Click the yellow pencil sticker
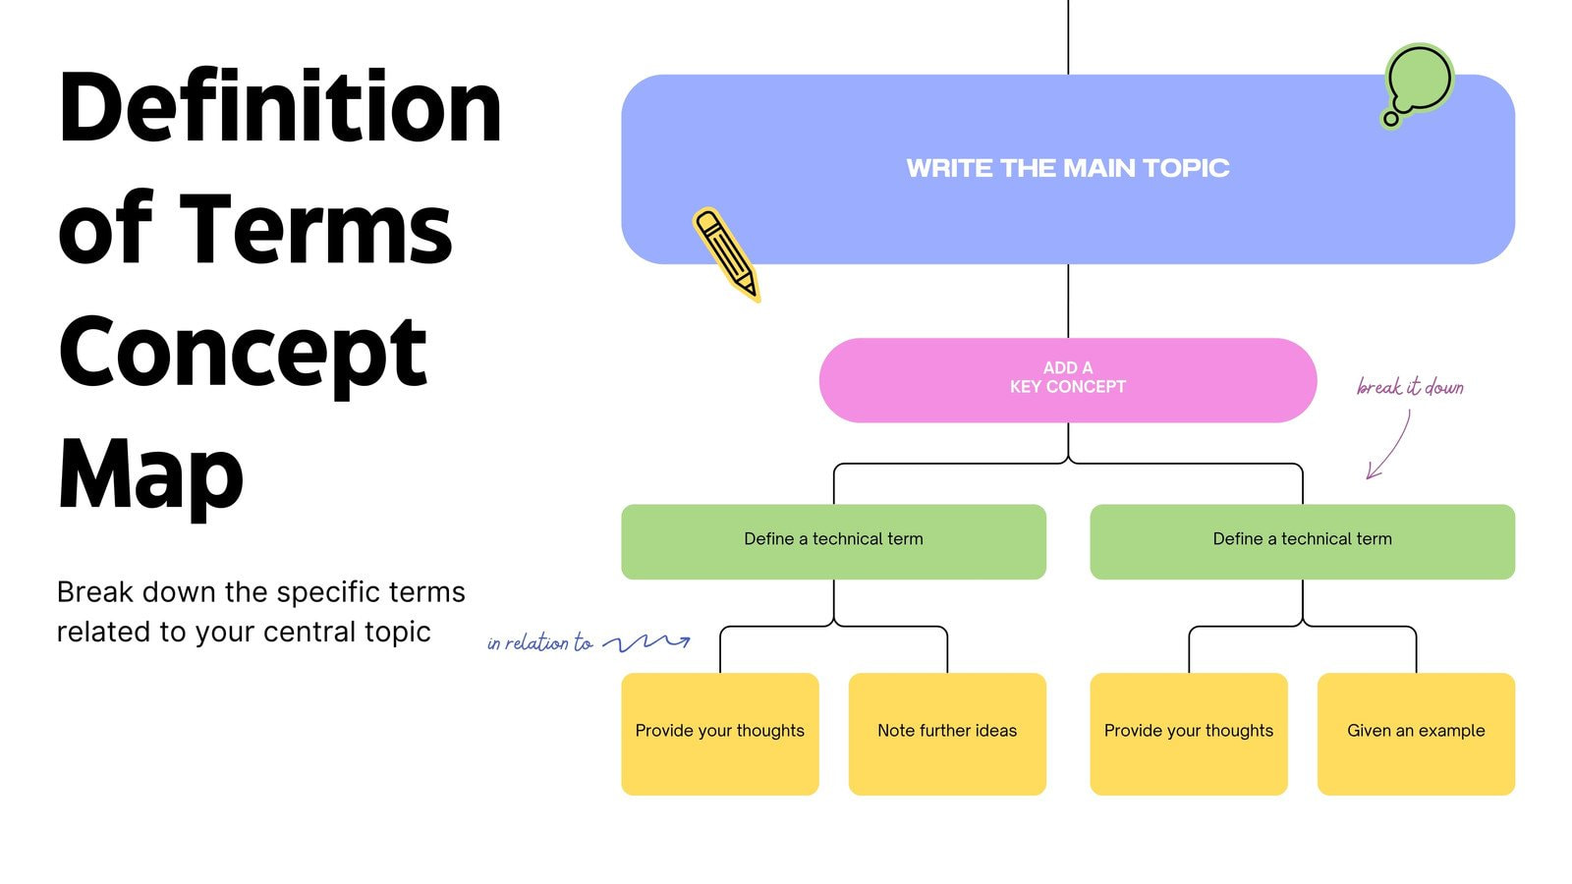pos(726,253)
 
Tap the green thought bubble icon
pos(1418,83)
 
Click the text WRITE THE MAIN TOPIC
pos(1067,168)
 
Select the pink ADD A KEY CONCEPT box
pos(1067,380)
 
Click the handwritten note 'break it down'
pos(1410,387)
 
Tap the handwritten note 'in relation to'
pos(539,643)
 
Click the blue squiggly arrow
pos(646,642)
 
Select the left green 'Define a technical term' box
pos(833,541)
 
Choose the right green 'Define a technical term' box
pos(1302,541)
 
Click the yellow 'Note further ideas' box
pos(947,733)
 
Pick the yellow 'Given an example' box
pos(1416,733)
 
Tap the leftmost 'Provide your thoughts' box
pos(719,733)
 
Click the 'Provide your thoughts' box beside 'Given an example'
pos(1188,733)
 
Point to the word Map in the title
pos(150,476)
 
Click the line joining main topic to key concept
pos(1068,301)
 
